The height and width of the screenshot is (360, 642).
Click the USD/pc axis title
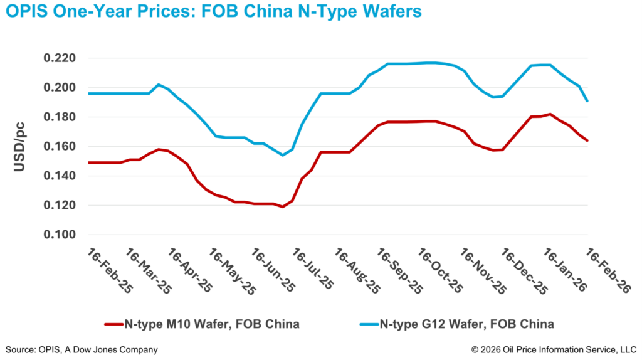click(x=20, y=146)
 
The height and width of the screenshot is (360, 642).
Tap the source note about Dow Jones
click(x=82, y=349)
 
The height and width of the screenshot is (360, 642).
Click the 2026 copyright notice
click(x=554, y=349)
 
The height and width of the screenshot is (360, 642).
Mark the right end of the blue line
click(x=587, y=101)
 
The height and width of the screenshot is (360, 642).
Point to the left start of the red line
click(x=89, y=162)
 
